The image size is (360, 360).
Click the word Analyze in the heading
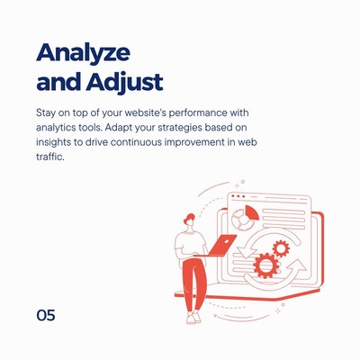click(x=83, y=54)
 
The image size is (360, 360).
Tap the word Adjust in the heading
click(x=124, y=82)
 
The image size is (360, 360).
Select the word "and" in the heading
click(x=58, y=81)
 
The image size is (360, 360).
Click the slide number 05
click(x=46, y=315)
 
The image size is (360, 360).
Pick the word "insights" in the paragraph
click(x=53, y=142)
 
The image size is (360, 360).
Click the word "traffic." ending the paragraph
click(x=50, y=157)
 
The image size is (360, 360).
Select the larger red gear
click(x=266, y=265)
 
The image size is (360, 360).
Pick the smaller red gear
click(x=281, y=248)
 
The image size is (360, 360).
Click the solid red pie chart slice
click(x=252, y=212)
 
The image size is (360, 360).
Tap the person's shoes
click(x=193, y=318)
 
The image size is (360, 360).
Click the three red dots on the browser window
click(x=238, y=196)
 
